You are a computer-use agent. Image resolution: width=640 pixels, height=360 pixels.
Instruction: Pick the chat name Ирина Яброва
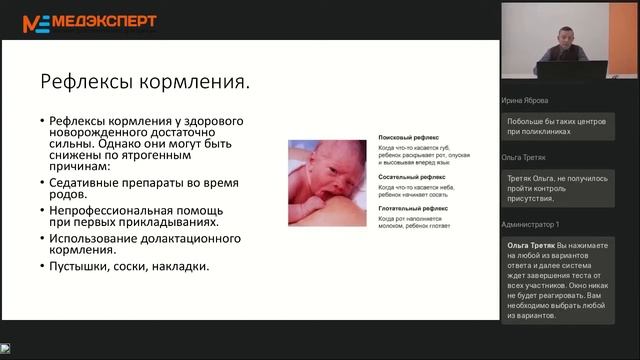(x=525, y=100)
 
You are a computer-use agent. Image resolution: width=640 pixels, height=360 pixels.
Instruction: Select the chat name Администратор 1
(x=531, y=225)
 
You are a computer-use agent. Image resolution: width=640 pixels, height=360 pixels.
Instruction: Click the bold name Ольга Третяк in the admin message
(x=533, y=245)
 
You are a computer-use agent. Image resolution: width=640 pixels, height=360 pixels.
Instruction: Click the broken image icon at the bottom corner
(x=5, y=349)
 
